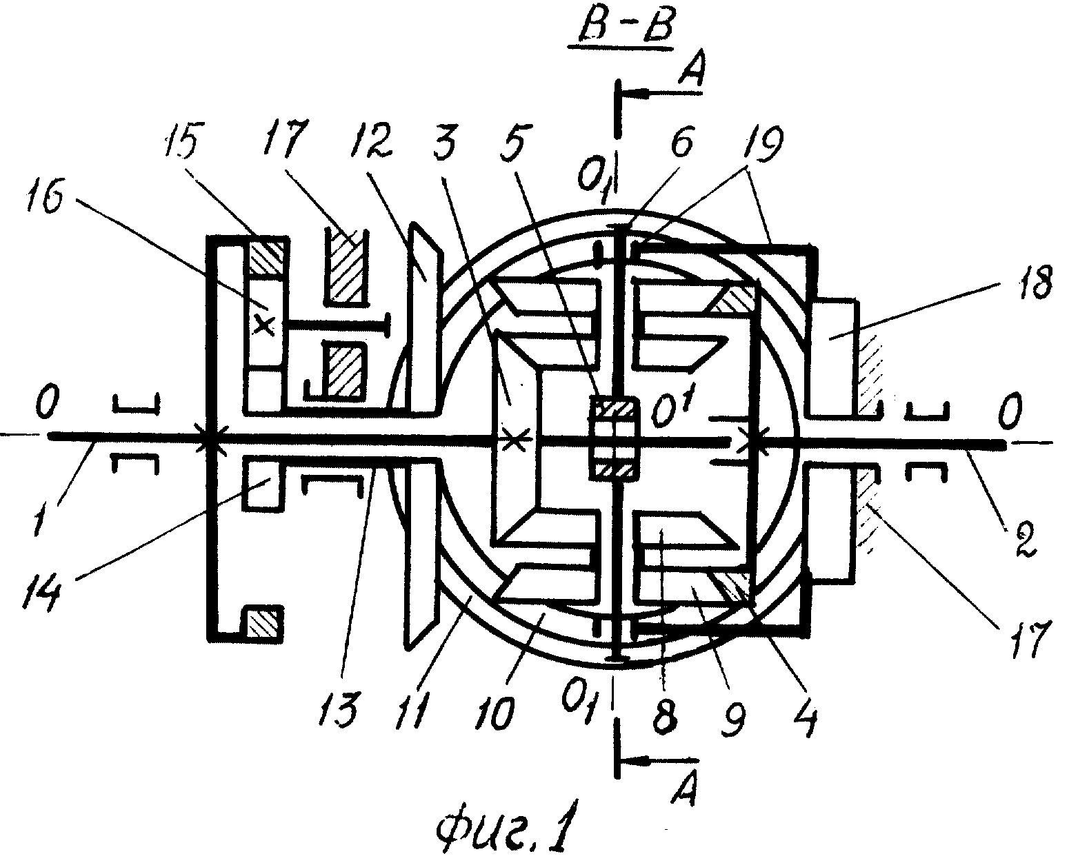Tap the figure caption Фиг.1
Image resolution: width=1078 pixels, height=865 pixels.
pyautogui.click(x=506, y=825)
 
